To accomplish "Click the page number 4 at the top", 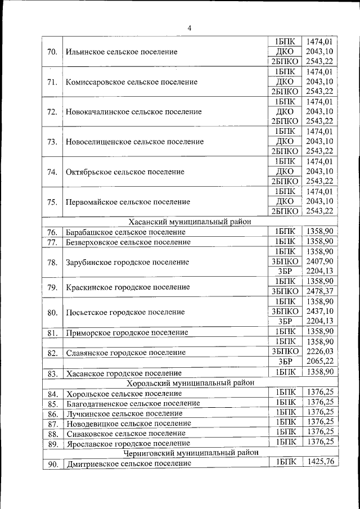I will [189, 29].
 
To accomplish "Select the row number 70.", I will [52, 52].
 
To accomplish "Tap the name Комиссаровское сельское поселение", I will [132, 82].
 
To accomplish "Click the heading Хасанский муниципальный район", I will [190, 222].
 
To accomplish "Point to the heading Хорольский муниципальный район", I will [190, 382].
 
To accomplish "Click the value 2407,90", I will [319, 261].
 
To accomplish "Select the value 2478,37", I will [319, 291].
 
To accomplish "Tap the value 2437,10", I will [319, 311].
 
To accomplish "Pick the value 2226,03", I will [319, 352].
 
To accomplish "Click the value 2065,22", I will [319, 362].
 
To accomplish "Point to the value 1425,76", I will [319, 462].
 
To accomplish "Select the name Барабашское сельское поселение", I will [125, 232].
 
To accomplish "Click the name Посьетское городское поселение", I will [125, 312].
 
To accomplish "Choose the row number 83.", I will [52, 373].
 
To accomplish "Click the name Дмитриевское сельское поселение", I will [128, 463].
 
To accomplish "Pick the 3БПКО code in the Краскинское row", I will [285, 291].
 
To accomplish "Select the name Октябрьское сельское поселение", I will [125, 172].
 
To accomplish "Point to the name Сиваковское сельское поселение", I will [125, 433].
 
